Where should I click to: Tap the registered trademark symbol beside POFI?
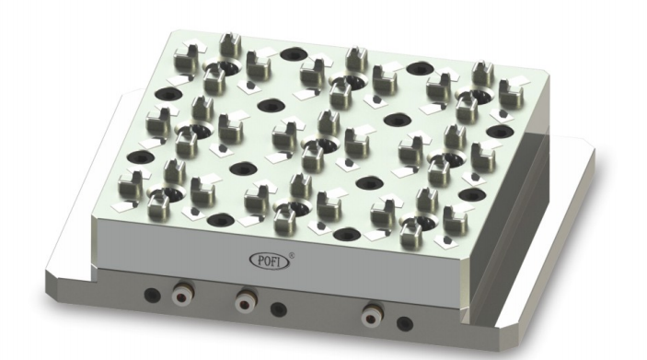[x=293, y=246]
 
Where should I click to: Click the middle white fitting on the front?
[x=244, y=300]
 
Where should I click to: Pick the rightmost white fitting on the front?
[x=371, y=314]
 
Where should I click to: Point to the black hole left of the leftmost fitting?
[x=154, y=295]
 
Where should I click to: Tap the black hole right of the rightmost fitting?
[x=402, y=322]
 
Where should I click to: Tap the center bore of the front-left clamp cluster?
[x=166, y=194]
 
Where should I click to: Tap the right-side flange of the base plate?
[x=561, y=212]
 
